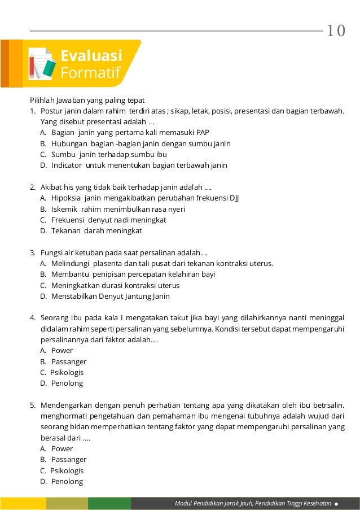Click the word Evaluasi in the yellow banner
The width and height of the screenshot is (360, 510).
pyautogui.click(x=91, y=55)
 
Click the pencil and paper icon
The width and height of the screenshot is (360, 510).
pyautogui.click(x=42, y=63)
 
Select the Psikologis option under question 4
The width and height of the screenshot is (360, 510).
pyautogui.click(x=66, y=372)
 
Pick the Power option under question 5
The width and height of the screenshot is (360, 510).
pyautogui.click(x=62, y=448)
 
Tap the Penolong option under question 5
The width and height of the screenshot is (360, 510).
pyautogui.click(x=67, y=481)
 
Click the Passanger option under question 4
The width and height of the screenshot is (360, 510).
pyautogui.click(x=68, y=361)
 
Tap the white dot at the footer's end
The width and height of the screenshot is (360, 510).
pyautogui.click(x=336, y=503)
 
